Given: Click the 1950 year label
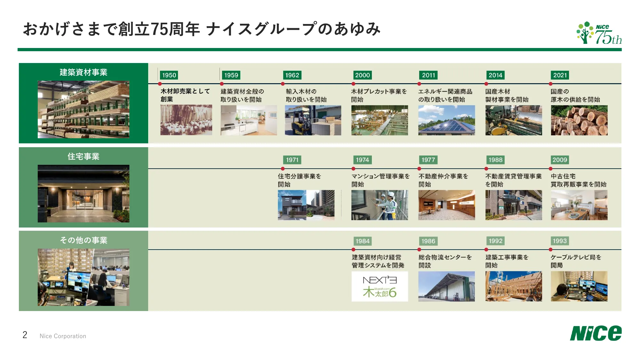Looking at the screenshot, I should coord(169,75).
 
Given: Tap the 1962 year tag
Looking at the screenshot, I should coord(292,75).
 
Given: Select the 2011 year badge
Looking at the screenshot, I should coord(428,75).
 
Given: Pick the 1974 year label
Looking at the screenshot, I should coord(362,160).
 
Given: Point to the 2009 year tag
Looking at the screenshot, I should coord(559,160).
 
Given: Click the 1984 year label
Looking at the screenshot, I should coord(362,241).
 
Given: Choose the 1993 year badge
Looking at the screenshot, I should coord(559,241).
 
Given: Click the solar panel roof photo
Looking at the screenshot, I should coord(446,120).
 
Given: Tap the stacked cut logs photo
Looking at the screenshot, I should coord(579,120).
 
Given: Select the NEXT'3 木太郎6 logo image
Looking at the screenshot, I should coord(380,286).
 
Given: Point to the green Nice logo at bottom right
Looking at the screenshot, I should coord(596,333).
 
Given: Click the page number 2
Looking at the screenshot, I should coord(25,335).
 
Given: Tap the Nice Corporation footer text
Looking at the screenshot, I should coord(63,336).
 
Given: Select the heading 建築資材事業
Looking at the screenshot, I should coord(83,72).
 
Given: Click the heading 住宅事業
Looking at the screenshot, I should coord(83,156).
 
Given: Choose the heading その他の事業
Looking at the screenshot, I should coord(83,240).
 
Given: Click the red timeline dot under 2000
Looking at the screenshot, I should coord(353,84).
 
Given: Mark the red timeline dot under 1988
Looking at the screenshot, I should coord(486,169).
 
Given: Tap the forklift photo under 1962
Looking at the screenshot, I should coord(313,120).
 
